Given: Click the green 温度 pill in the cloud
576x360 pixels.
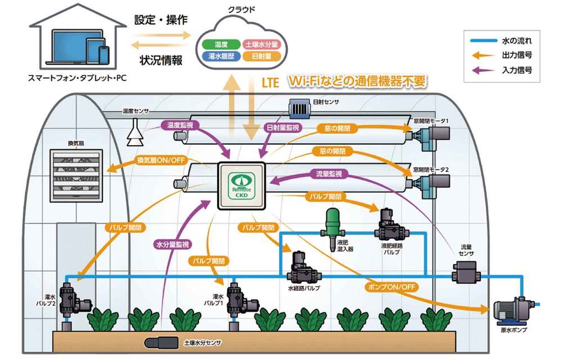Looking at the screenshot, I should click(220, 43).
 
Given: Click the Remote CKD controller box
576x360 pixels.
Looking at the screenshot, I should click(241, 186).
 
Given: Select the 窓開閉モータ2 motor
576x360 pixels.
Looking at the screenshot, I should click(431, 182).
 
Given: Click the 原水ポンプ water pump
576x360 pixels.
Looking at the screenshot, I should click(513, 310).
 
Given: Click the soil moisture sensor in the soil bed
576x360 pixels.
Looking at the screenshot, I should click(161, 342).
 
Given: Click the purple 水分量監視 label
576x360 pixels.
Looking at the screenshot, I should click(173, 244).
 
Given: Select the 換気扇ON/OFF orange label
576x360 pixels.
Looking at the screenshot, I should click(160, 161).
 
